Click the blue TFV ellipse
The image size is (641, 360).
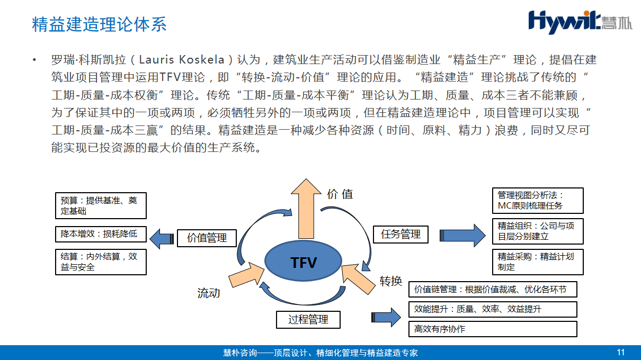point(303,262)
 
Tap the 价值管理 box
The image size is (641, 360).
point(207,238)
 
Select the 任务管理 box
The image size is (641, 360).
point(400,234)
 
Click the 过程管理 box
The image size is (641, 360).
point(308,320)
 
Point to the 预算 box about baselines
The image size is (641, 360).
point(101,205)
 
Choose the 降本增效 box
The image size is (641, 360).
point(101,233)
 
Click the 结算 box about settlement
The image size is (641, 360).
point(101,262)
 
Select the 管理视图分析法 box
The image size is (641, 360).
point(537,201)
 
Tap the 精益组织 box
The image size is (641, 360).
point(537,231)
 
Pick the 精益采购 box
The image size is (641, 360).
point(537,262)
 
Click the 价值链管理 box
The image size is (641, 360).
point(493,290)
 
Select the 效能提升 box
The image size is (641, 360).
point(493,309)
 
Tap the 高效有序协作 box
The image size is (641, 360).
point(493,329)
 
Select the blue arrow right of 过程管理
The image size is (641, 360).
point(386,318)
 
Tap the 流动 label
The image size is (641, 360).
point(209,293)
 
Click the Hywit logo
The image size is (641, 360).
point(580,21)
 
